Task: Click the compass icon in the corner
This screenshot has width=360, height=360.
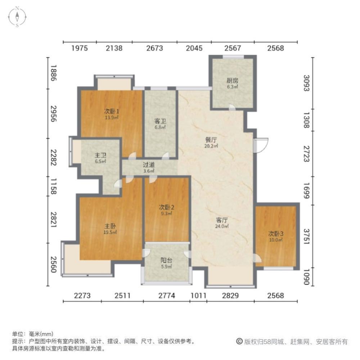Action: tap(17, 17)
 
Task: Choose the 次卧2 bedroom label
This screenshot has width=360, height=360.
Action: tap(167, 207)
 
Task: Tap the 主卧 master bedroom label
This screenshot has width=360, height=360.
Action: tap(110, 226)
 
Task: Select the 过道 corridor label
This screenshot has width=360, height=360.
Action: tap(149, 165)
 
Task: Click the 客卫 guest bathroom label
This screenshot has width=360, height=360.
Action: tap(160, 121)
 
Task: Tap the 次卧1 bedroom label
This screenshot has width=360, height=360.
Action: tap(112, 111)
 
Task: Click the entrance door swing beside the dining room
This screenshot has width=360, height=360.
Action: tap(261, 145)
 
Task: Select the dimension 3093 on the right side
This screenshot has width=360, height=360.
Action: tap(306, 83)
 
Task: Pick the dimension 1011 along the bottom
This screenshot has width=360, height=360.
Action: tap(198, 296)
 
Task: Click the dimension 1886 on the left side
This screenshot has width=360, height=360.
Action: tap(53, 73)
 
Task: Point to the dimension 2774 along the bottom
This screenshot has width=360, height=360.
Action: tap(167, 296)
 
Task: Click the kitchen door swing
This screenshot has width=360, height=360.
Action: tap(232, 107)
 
